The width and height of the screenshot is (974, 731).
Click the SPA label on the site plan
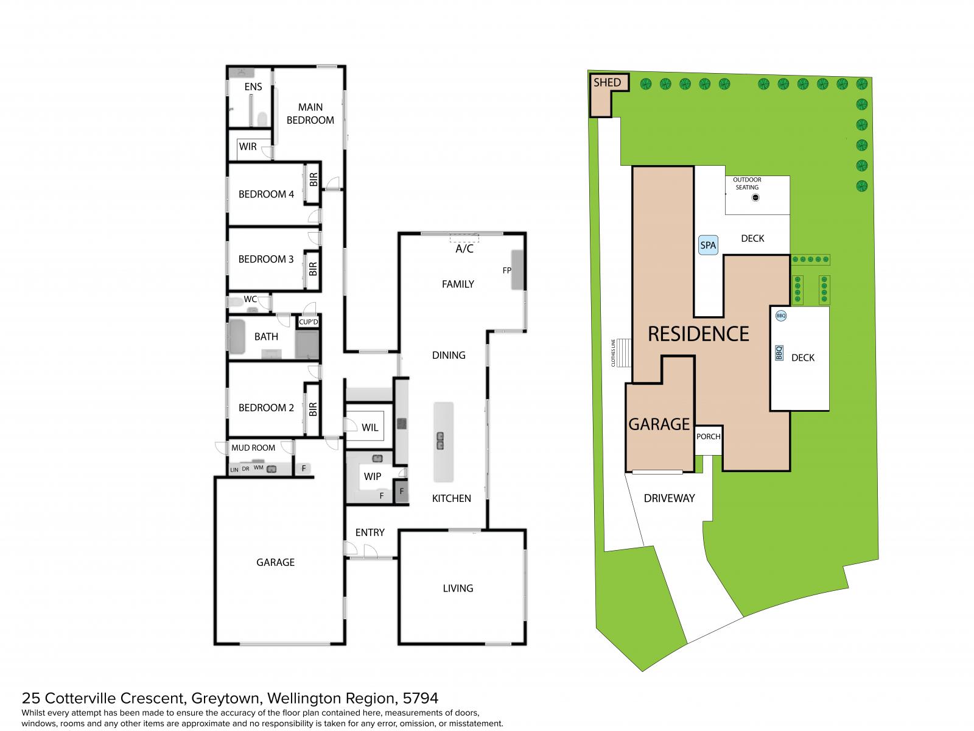pos(707,245)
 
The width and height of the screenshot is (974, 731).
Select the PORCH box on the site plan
pos(708,439)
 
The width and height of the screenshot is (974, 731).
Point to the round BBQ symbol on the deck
pos(780,316)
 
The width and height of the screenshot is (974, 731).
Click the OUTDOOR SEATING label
pos(747,183)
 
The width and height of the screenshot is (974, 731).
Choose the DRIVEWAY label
pos(669,498)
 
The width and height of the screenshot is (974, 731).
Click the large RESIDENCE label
pos(698,334)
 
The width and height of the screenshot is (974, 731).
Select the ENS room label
pos(253,87)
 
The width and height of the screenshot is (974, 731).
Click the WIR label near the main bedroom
pos(248,146)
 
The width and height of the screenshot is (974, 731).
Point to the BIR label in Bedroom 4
pos(314,180)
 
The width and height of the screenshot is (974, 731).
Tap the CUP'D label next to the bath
pos(309,322)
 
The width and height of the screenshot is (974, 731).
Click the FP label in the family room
pos(506,270)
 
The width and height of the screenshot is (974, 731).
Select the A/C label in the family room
pos(464,249)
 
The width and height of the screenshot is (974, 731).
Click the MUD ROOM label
pos(253,448)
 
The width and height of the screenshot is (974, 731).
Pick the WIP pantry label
pos(373,476)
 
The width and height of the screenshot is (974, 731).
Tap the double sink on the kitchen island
pos(440,440)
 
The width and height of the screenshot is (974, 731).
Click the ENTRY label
pos(370,532)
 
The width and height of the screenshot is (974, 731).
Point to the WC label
pos(250,299)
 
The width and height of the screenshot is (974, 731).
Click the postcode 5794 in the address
pos(420,698)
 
